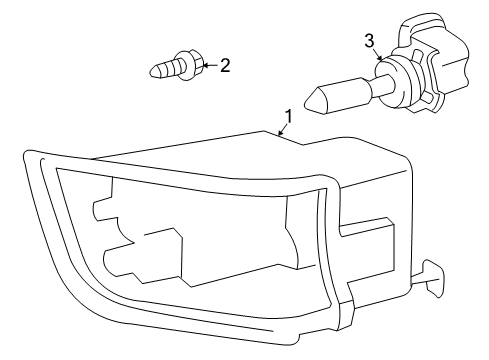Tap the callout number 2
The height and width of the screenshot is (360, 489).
[225, 66]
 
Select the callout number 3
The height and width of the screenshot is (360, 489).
[369, 40]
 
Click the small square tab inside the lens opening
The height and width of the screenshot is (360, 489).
[101, 210]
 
